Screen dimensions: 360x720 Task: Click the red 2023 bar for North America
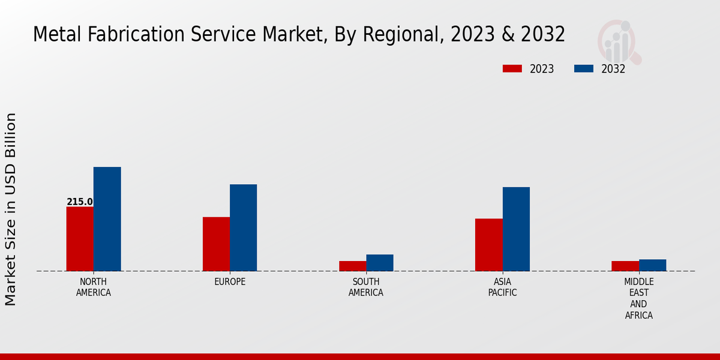coord(80,239)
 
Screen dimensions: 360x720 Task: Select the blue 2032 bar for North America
coord(107,219)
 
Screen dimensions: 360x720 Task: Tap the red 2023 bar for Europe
coord(216,244)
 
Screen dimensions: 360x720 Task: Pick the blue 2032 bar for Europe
coord(243,227)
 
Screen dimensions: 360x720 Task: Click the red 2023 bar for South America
coord(352,266)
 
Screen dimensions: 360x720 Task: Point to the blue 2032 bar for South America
coord(380,263)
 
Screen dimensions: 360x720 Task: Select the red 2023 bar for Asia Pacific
coord(488,245)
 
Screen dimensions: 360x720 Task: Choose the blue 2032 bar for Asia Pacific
coord(516,229)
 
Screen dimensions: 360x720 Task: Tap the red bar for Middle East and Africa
coord(625,266)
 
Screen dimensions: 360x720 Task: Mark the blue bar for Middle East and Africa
coord(652,265)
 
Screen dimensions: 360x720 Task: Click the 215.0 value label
coord(80,202)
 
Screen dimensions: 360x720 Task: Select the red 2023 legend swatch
coord(512,68)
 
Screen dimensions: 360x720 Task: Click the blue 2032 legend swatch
coord(583,68)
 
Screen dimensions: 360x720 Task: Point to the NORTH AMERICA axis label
coord(94,287)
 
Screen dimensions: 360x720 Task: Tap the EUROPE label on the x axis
coord(230,282)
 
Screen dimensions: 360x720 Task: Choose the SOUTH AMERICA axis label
coord(366,287)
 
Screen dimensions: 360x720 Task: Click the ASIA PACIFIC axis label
coord(502,287)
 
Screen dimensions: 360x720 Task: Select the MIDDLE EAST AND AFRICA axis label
coord(639,299)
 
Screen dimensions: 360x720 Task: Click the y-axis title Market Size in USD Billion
coord(11,209)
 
